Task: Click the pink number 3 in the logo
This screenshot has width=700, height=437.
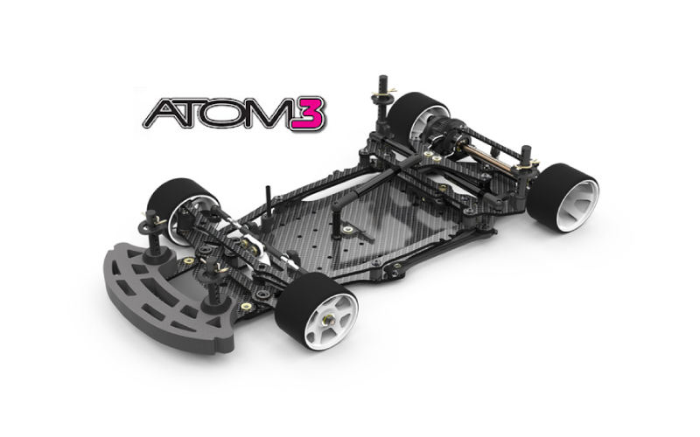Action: pyautogui.click(x=310, y=115)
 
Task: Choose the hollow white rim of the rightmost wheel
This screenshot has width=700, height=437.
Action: pyautogui.click(x=574, y=199)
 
